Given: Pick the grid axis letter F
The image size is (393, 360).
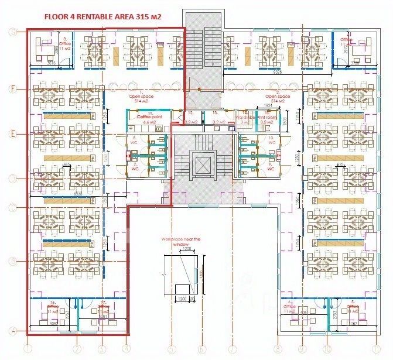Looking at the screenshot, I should coord(12,88).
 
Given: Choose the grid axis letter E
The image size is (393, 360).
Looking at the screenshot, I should coord(12,133).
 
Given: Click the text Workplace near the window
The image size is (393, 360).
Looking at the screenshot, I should coord(182,239).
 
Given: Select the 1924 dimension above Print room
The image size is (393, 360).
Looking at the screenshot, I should coord(269,106).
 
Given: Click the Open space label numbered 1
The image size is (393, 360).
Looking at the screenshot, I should coord(141,98).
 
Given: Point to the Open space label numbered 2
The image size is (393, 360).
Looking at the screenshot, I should coord(278,98).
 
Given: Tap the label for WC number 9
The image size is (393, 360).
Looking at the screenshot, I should coord(271,166).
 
